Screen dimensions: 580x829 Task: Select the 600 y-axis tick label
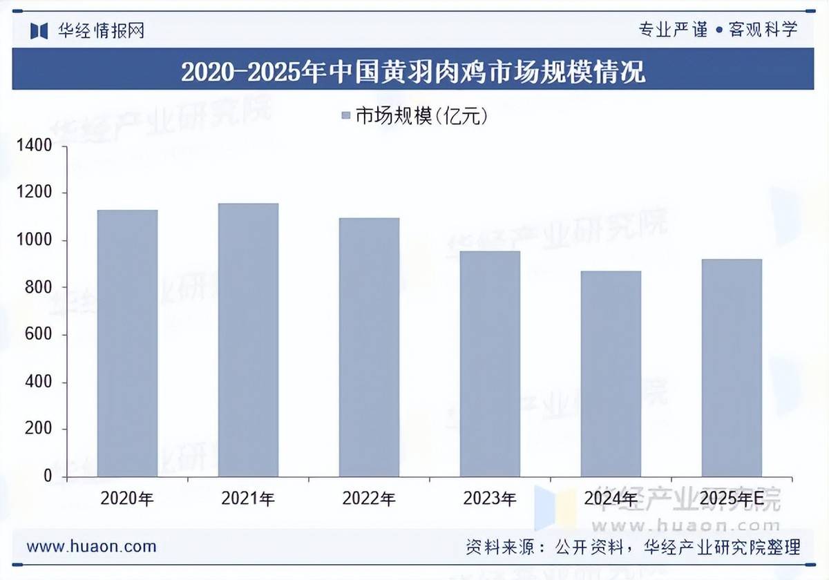click(40, 335)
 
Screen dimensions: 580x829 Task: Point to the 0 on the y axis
click(48, 476)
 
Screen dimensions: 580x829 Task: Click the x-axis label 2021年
click(248, 498)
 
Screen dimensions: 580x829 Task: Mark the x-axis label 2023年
click(490, 498)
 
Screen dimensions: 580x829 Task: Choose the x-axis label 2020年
click(127, 498)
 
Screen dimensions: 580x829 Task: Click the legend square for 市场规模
click(347, 116)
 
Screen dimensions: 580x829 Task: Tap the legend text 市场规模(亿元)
click(422, 116)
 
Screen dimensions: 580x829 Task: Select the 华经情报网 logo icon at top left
click(39, 30)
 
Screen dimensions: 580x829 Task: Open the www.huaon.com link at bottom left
click(91, 547)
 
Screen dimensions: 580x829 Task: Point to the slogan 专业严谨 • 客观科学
click(718, 30)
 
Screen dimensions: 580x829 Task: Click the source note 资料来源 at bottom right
click(633, 548)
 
